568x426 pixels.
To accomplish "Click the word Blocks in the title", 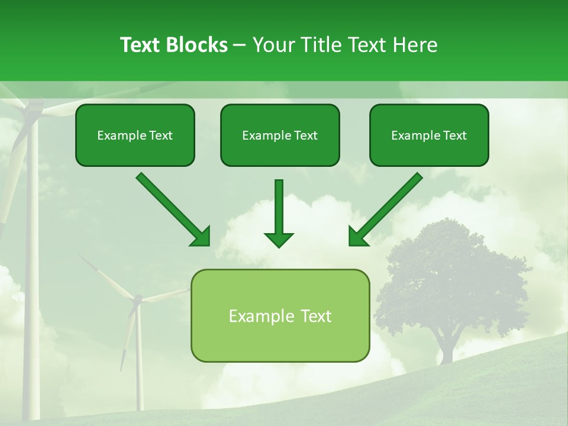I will [198, 45].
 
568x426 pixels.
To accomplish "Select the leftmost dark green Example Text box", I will [135, 135].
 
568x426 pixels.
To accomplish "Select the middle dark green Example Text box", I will [280, 135].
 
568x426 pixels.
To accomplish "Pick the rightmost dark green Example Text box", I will [429, 135].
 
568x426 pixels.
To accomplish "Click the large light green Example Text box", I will [280, 315].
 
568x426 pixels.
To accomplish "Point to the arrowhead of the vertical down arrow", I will [279, 239].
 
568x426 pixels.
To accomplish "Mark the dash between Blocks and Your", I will [240, 46].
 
